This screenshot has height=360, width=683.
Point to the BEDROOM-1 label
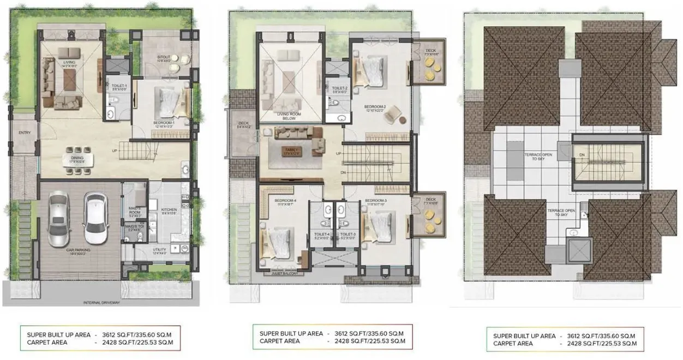[163, 124]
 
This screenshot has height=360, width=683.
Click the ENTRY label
[25, 133]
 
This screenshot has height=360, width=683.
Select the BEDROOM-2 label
[376, 107]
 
